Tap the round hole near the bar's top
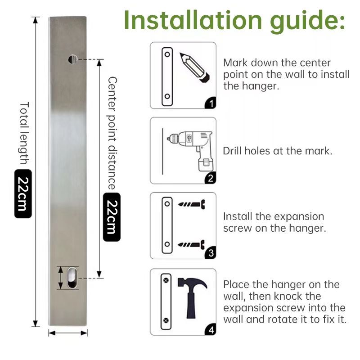72,58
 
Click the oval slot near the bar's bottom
72,278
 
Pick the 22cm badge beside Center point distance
112,217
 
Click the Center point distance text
112,133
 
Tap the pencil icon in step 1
194,67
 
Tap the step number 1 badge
210,103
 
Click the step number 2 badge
210,178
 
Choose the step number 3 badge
210,254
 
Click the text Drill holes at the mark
278,151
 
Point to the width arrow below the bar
68,333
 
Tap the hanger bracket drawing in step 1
166,75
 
